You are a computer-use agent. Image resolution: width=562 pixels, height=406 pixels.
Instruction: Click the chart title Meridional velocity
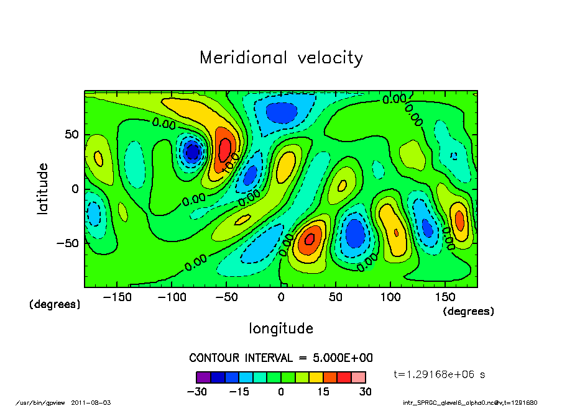coord(281,58)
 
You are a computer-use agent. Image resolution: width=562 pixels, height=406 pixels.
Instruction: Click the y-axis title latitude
coord(42,189)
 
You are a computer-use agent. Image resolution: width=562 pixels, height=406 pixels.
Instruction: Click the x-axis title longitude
coord(281,328)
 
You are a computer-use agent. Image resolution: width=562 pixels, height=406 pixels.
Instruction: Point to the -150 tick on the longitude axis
coord(117,297)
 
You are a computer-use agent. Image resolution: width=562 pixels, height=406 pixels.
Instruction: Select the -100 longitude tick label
coord(172,297)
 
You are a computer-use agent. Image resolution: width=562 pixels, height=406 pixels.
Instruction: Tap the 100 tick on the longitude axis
coord(390,297)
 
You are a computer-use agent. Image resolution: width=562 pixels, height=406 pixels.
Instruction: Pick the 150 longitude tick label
coord(445,297)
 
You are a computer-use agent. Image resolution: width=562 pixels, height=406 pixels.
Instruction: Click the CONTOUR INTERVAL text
coord(281,358)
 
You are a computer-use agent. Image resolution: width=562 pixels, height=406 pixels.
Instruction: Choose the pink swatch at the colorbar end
coord(358,377)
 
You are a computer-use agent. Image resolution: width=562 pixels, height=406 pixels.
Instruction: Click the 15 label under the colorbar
coord(323,392)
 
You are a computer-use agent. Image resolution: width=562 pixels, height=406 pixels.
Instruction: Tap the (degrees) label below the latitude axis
coord(55,304)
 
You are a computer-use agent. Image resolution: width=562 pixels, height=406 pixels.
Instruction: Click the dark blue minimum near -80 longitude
coord(193,151)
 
